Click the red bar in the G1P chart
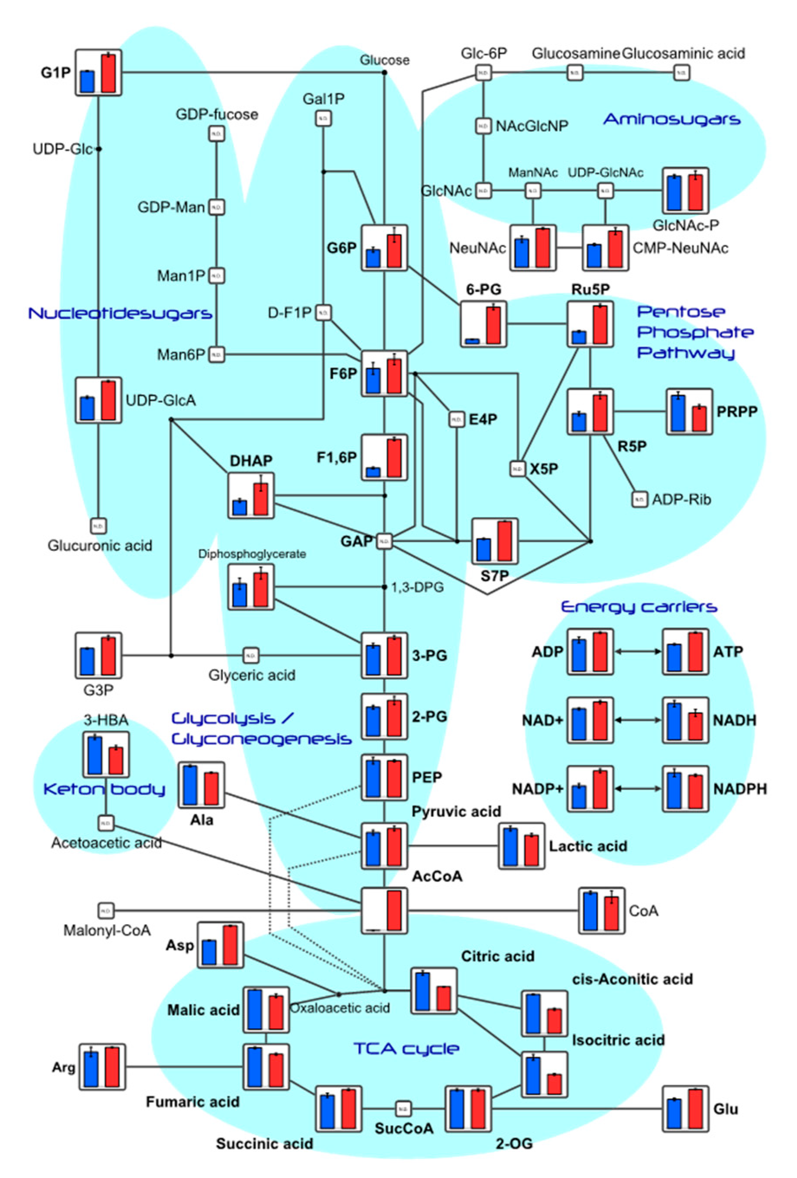point(108,74)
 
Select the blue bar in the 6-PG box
point(472,341)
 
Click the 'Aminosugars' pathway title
point(671,120)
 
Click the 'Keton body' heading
point(104,789)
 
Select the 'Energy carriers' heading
point(639,607)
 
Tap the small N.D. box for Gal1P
point(324,119)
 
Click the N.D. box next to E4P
point(456,419)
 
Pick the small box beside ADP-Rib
point(639,499)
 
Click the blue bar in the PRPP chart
point(677,413)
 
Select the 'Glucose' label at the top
point(384,60)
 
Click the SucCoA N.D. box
point(403,1109)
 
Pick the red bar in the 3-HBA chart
point(116,761)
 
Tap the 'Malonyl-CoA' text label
point(107,931)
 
